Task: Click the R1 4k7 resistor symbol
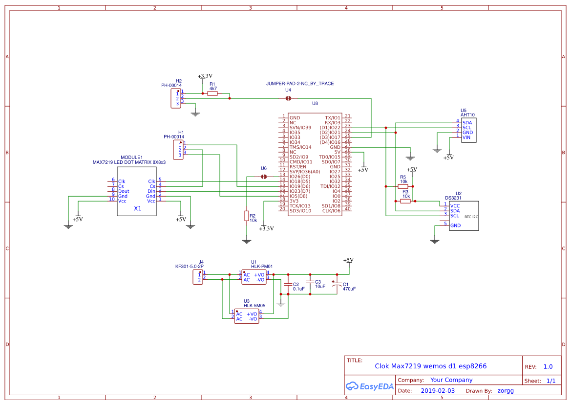coord(212,93)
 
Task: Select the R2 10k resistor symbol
coord(247,216)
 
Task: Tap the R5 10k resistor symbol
coord(403,186)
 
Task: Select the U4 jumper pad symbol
coord(288,98)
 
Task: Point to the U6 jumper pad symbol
coord(264,177)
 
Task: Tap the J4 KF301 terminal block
coord(198,277)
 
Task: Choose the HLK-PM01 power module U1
coord(254,277)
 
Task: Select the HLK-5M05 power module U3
coord(247,316)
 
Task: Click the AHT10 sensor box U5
coord(468,130)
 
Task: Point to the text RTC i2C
coord(471,216)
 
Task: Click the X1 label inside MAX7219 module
coord(138,208)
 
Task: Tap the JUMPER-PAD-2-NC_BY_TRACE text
coord(300,84)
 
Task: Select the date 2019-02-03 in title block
coord(437,391)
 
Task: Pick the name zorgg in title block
coord(506,391)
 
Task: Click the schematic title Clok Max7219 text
coord(430,366)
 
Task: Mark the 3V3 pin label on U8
coord(294,201)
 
